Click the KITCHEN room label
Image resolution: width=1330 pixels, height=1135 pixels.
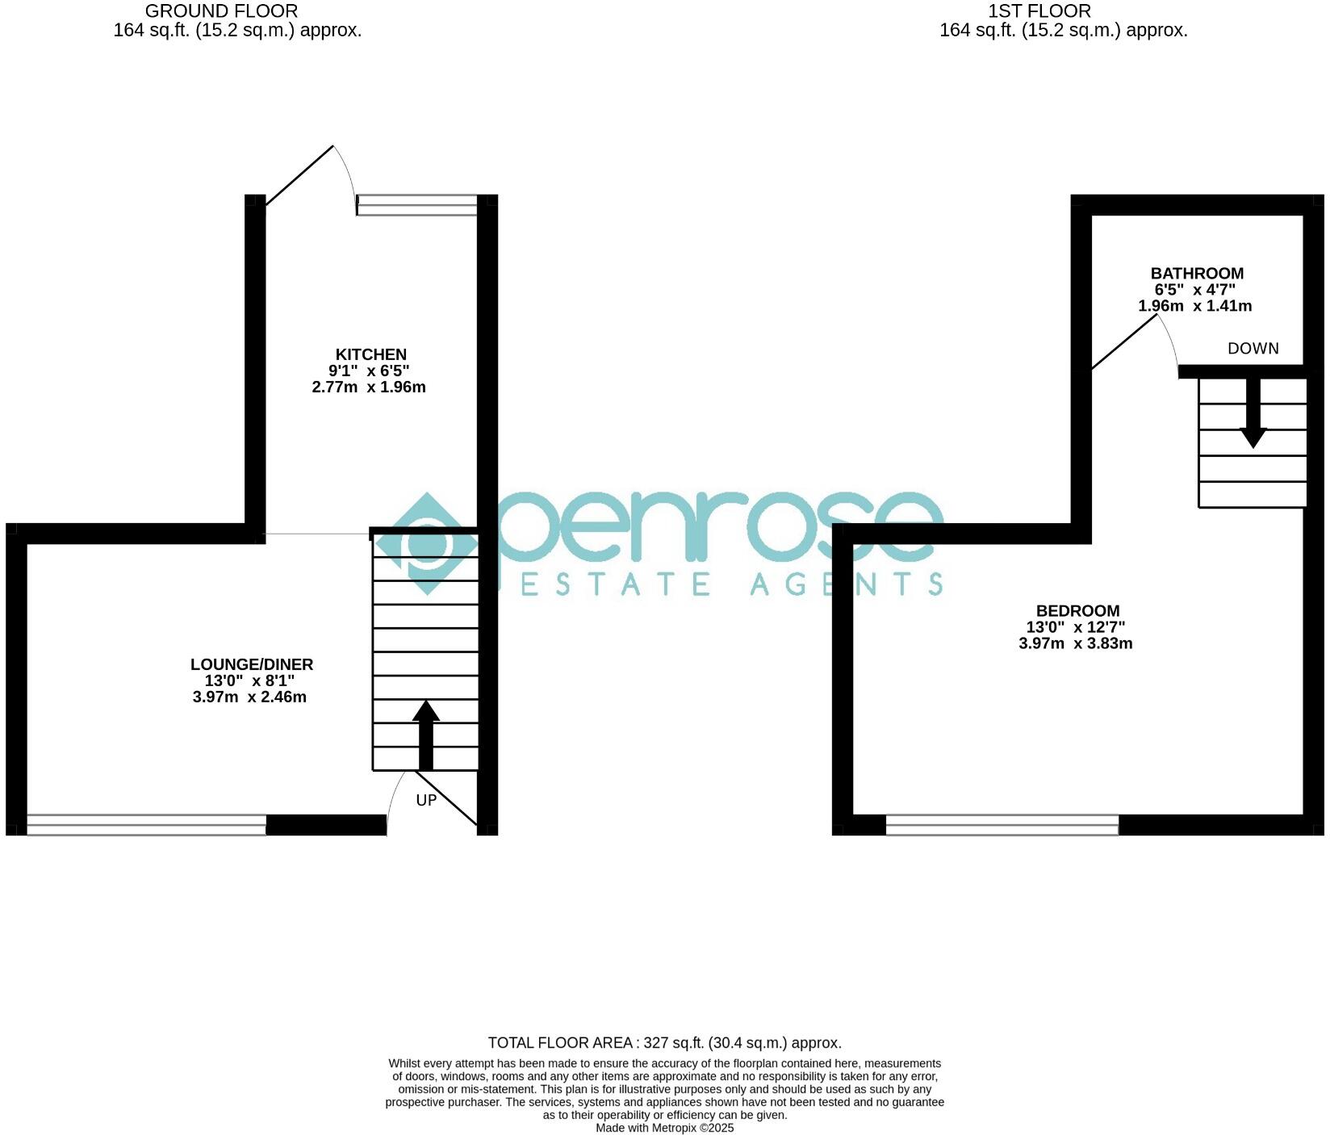click(370, 354)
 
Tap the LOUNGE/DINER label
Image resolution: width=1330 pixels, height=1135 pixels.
click(251, 664)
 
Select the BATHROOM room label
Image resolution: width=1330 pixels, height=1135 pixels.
click(1197, 273)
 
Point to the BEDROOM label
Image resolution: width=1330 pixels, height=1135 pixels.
click(1077, 611)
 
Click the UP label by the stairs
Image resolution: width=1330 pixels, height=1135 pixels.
click(426, 800)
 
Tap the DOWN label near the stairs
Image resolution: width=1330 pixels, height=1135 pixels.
click(1253, 349)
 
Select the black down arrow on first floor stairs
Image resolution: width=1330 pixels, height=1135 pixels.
click(1253, 413)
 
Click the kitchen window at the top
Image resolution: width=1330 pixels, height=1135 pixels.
click(417, 205)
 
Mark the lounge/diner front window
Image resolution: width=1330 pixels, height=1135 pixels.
click(146, 824)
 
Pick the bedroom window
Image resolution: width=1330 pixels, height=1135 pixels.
click(1002, 824)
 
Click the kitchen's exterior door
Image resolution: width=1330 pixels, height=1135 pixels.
click(300, 175)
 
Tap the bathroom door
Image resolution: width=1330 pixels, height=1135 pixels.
click(1125, 342)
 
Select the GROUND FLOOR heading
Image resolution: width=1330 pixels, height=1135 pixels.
click(221, 11)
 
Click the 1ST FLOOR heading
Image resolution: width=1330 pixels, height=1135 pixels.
click(1039, 11)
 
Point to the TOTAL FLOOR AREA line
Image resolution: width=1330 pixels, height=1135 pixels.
click(664, 1043)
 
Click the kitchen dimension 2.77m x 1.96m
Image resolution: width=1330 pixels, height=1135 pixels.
click(369, 387)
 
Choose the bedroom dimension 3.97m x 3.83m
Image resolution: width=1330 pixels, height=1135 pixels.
click(1076, 643)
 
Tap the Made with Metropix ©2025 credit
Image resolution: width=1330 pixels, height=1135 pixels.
click(664, 1128)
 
